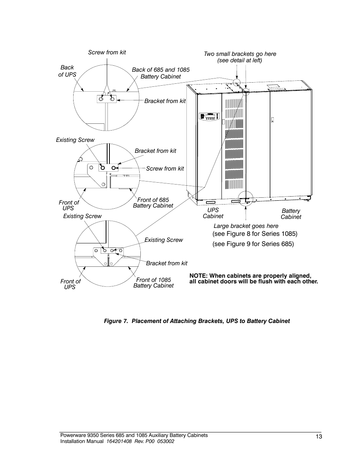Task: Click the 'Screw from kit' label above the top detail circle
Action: [x=107, y=52]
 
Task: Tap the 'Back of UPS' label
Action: [x=67, y=71]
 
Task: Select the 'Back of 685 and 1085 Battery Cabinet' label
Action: [x=160, y=73]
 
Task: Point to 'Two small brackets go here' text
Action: [x=240, y=54]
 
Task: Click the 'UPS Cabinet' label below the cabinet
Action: [x=213, y=213]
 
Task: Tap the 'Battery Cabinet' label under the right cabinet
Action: [x=291, y=214]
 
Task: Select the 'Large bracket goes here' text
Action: [x=246, y=226]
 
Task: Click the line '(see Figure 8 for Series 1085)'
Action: [x=255, y=234]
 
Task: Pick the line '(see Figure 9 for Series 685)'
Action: [x=253, y=244]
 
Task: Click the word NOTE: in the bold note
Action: [x=198, y=276]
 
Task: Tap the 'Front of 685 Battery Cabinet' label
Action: [x=153, y=203]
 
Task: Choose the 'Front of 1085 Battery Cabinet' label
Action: [x=153, y=283]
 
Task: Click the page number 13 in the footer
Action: [x=319, y=437]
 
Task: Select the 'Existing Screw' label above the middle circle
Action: [x=75, y=140]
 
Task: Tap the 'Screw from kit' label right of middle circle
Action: [x=165, y=169]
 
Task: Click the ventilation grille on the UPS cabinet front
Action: [x=234, y=143]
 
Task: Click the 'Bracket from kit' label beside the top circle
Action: [x=165, y=101]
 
